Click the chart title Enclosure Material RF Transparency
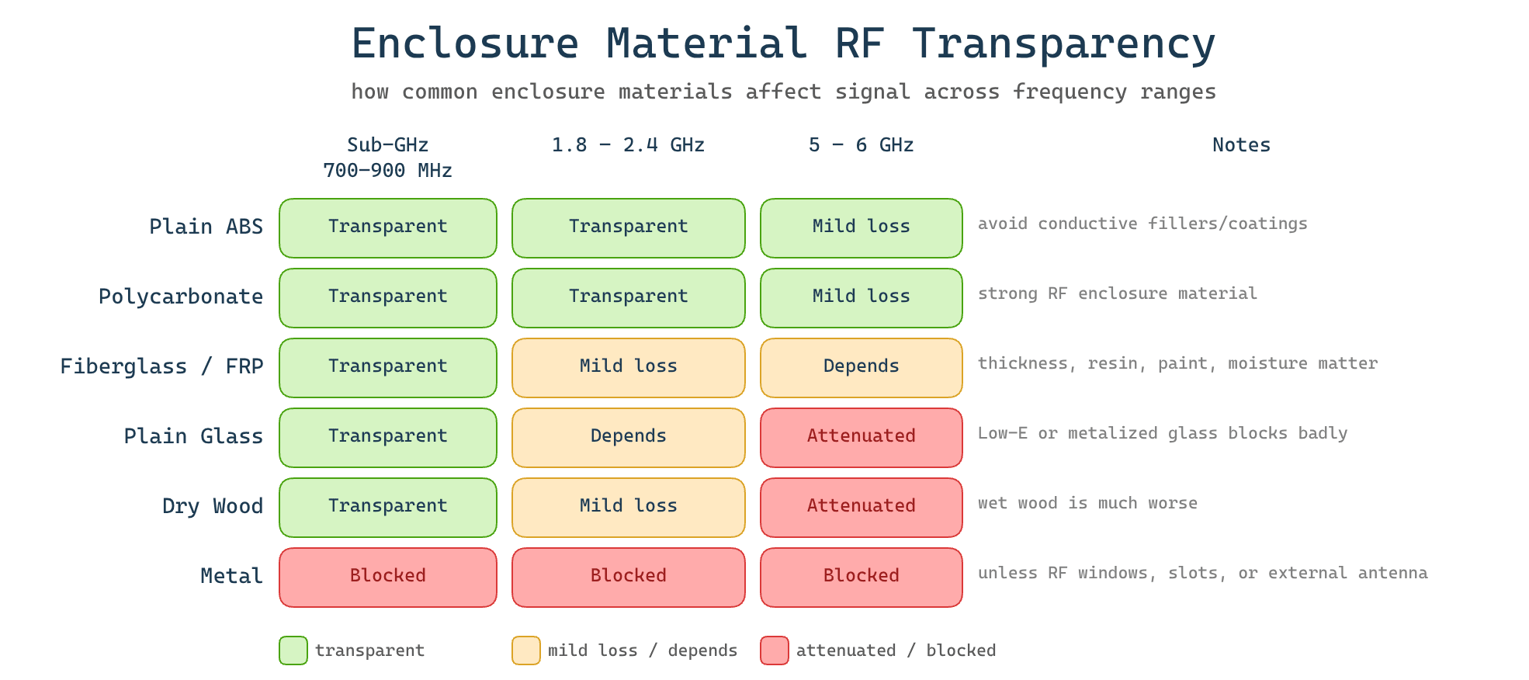pyautogui.click(x=783, y=44)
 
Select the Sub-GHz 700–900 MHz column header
pyautogui.click(x=387, y=158)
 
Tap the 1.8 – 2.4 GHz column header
pyautogui.click(x=628, y=145)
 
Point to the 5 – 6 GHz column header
pyautogui.click(x=861, y=145)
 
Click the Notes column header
pyautogui.click(x=1241, y=145)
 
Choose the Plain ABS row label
pyautogui.click(x=206, y=227)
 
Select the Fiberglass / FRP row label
pyautogui.click(x=161, y=366)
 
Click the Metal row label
pyautogui.click(x=231, y=576)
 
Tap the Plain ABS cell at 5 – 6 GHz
pyautogui.click(x=861, y=227)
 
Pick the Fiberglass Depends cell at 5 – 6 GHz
pyautogui.click(x=861, y=367)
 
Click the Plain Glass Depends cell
pyautogui.click(x=628, y=437)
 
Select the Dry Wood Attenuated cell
pyautogui.click(x=861, y=507)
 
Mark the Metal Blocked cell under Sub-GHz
pyautogui.click(x=387, y=577)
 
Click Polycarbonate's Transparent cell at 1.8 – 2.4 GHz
pyautogui.click(x=628, y=297)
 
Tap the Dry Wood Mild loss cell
pyautogui.click(x=628, y=507)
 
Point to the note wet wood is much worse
pyautogui.click(x=1087, y=503)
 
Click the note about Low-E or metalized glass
pyautogui.click(x=1162, y=433)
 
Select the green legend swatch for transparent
pyautogui.click(x=293, y=651)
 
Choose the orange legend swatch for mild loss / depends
pyautogui.click(x=526, y=651)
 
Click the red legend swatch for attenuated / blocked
pyautogui.click(x=775, y=651)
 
